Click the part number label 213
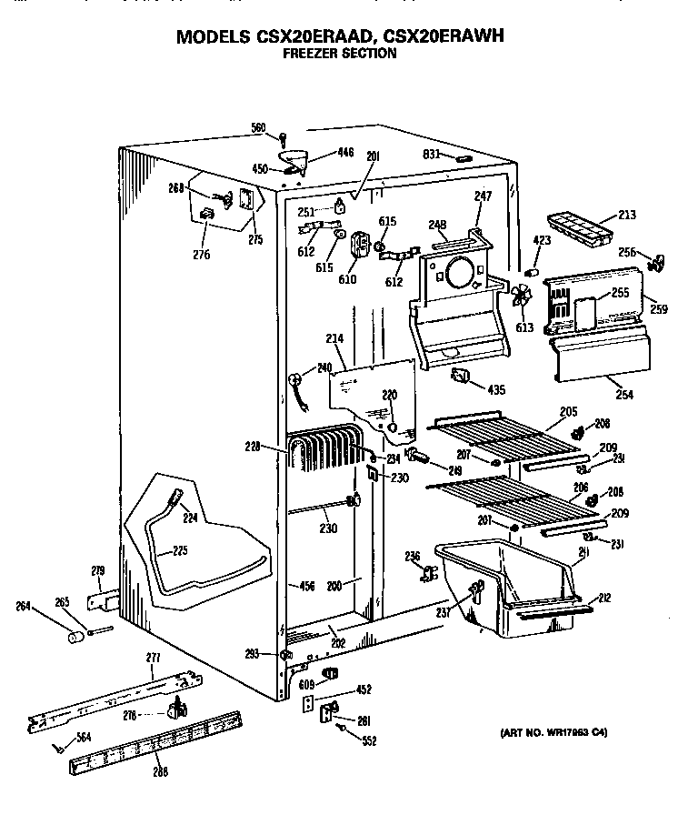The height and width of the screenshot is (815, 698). [x=626, y=216]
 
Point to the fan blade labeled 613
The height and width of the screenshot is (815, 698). [x=521, y=297]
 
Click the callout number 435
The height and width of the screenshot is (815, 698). [x=496, y=389]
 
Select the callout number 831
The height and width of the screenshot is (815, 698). [x=431, y=155]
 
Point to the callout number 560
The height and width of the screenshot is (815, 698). [x=258, y=128]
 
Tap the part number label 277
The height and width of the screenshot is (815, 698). [x=153, y=658]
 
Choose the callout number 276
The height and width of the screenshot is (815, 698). [x=202, y=255]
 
